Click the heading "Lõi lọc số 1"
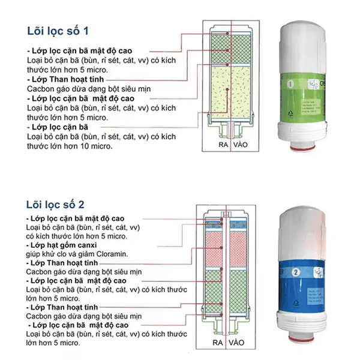click(58, 30)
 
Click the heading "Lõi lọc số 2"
click(58, 204)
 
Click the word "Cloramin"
click(111, 254)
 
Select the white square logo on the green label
click(313, 86)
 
